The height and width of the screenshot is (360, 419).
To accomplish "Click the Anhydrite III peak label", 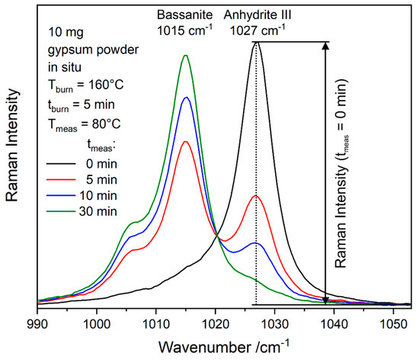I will [256, 14].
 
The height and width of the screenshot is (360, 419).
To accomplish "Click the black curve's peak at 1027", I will [256, 42].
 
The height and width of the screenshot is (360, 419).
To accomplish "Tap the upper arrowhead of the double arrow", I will [326, 46].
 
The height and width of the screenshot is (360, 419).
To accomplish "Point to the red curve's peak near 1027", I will [256, 196].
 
